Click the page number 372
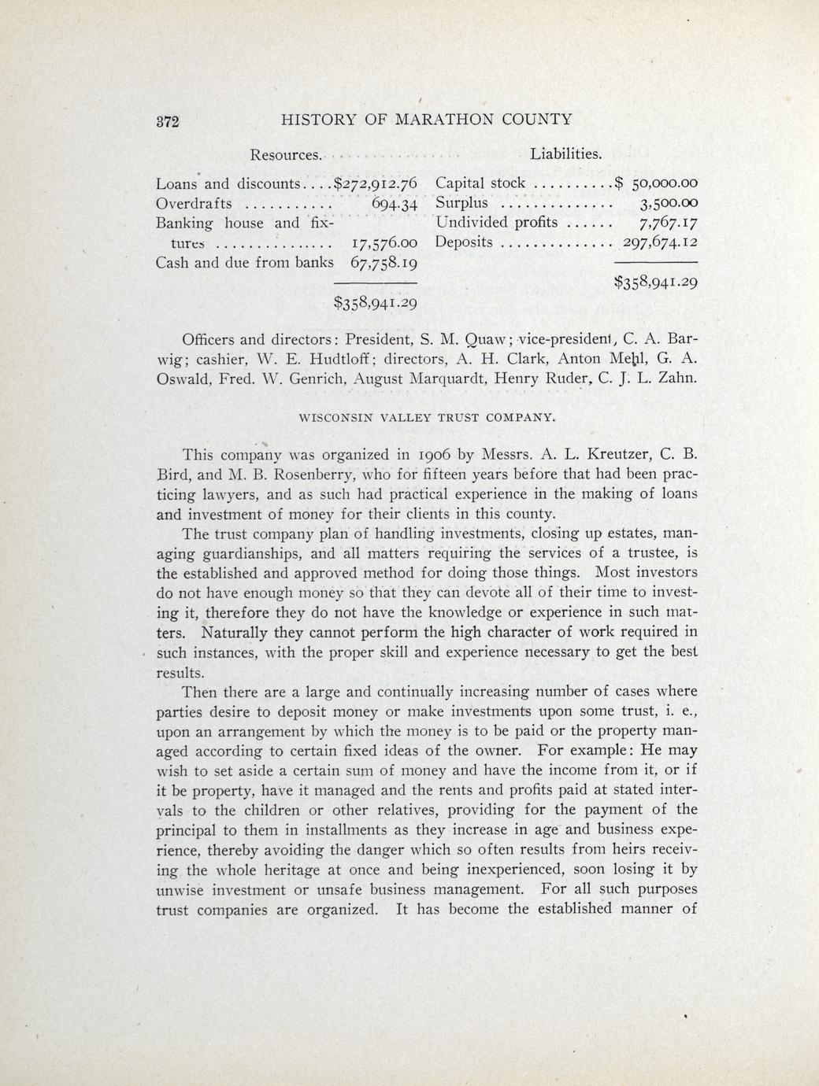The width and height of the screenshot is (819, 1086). [x=167, y=121]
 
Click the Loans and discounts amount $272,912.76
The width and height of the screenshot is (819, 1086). [x=376, y=184]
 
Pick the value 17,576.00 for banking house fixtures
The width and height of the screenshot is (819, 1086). [x=382, y=242]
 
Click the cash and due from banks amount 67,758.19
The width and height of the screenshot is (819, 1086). [x=384, y=261]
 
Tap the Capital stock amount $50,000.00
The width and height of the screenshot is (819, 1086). [x=657, y=184]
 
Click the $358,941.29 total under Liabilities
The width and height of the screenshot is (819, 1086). [x=656, y=281]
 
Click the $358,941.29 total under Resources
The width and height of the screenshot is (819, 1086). [x=376, y=301]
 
